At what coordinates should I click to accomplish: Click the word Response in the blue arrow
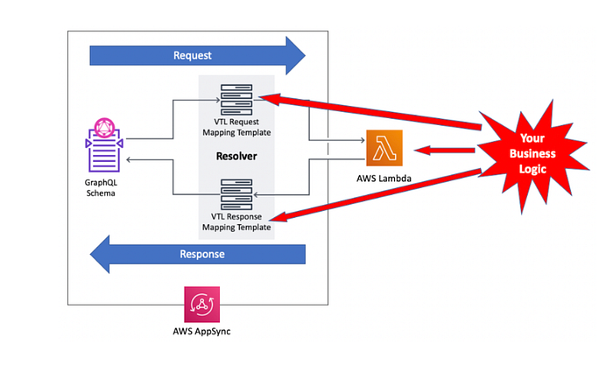[x=201, y=255]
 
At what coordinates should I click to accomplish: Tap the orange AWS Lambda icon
[x=384, y=148]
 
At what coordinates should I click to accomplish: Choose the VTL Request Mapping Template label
[x=236, y=129]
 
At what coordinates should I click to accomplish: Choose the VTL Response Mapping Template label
[x=236, y=221]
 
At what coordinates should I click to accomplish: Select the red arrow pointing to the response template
[x=377, y=193]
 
